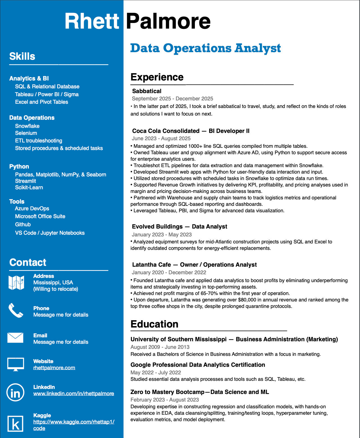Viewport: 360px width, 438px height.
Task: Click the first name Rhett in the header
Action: coord(92,21)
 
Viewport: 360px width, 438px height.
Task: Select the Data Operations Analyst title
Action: coord(205,48)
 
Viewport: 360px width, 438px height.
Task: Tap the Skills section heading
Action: coord(22,56)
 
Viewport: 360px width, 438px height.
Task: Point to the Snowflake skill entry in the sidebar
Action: coord(27,126)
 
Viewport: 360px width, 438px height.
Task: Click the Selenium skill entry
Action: coord(26,133)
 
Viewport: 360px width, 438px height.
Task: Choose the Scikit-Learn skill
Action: coord(29,187)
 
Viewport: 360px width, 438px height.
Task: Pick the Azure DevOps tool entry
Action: coord(32,208)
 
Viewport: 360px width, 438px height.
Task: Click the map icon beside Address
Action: coord(16,282)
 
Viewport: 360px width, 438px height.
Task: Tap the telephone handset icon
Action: coord(16,311)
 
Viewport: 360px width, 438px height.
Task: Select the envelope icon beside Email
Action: coord(15,338)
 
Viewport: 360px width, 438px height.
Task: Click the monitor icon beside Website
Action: coord(15,364)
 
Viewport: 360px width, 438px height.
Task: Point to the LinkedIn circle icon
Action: coord(15,392)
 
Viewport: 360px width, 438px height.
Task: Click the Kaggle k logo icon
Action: coord(15,423)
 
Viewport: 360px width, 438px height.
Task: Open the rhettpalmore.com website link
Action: coord(54,368)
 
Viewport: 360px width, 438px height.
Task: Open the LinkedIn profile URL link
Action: coord(73,393)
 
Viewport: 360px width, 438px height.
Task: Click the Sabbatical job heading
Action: coord(147,91)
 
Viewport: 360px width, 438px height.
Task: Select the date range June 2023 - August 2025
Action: coord(161,139)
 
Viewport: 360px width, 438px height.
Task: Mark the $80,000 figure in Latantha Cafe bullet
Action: coord(247,300)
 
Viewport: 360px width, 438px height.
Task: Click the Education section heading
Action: coord(154,324)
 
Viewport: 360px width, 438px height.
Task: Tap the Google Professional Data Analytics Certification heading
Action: coord(198,365)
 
